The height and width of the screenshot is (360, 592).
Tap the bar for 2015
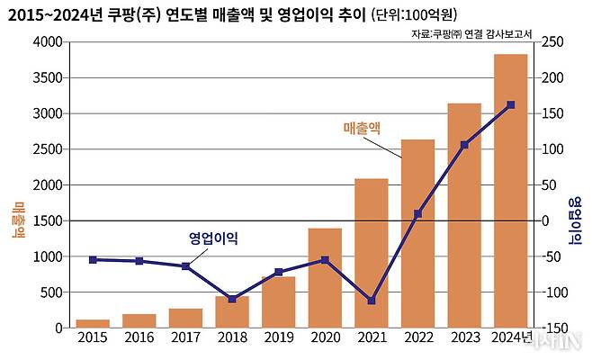pyautogui.click(x=93, y=323)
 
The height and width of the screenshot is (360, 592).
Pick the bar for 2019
pyautogui.click(x=279, y=301)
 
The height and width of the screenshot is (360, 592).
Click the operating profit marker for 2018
pyautogui.click(x=232, y=299)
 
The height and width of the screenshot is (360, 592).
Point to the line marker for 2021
pyautogui.click(x=372, y=301)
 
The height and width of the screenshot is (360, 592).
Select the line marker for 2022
pyautogui.click(x=417, y=214)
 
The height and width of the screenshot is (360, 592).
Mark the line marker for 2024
pyautogui.click(x=511, y=105)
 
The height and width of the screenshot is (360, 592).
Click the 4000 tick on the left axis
pyautogui.click(x=49, y=42)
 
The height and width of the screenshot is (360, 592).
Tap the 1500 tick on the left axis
pyautogui.click(x=49, y=220)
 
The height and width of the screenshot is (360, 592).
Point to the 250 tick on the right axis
pyautogui.click(x=552, y=42)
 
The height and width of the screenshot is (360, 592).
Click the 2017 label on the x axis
pyautogui.click(x=185, y=339)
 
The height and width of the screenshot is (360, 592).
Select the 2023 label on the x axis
pyautogui.click(x=464, y=339)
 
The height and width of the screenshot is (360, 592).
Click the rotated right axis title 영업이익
pyautogui.click(x=575, y=220)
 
